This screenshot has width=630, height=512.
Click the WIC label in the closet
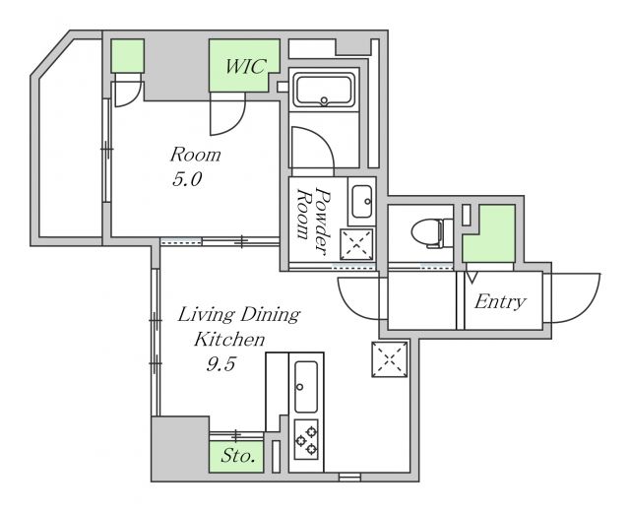(245, 66)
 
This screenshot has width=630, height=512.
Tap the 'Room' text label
(196, 155)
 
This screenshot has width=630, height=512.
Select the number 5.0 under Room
(187, 179)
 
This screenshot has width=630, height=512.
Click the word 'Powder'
(324, 221)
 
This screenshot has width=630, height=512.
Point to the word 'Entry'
(500, 302)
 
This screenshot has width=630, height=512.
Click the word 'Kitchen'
(229, 340)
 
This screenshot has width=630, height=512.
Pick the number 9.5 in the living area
(220, 364)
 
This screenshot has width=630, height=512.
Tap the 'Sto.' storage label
(238, 456)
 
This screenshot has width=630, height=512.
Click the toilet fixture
(432, 232)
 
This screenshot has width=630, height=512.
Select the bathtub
(324, 90)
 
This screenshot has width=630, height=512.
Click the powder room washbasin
(361, 201)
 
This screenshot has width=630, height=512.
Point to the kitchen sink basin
(306, 387)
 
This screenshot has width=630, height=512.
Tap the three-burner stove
(306, 439)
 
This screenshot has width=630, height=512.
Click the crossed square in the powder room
(356, 244)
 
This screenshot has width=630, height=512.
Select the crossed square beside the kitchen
(390, 359)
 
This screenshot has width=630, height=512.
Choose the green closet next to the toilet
(489, 233)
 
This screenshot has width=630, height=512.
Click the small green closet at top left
(127, 56)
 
